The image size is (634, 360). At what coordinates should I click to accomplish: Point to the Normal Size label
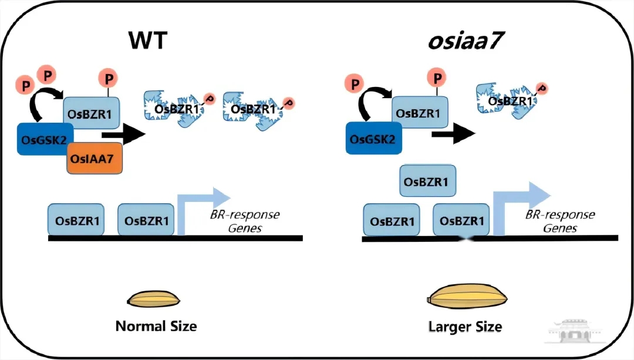click(156, 326)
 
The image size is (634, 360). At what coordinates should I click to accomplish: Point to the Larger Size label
click(466, 326)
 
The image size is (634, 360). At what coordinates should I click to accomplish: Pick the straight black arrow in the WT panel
click(124, 134)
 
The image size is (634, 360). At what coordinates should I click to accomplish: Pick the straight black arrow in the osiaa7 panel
click(453, 134)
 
